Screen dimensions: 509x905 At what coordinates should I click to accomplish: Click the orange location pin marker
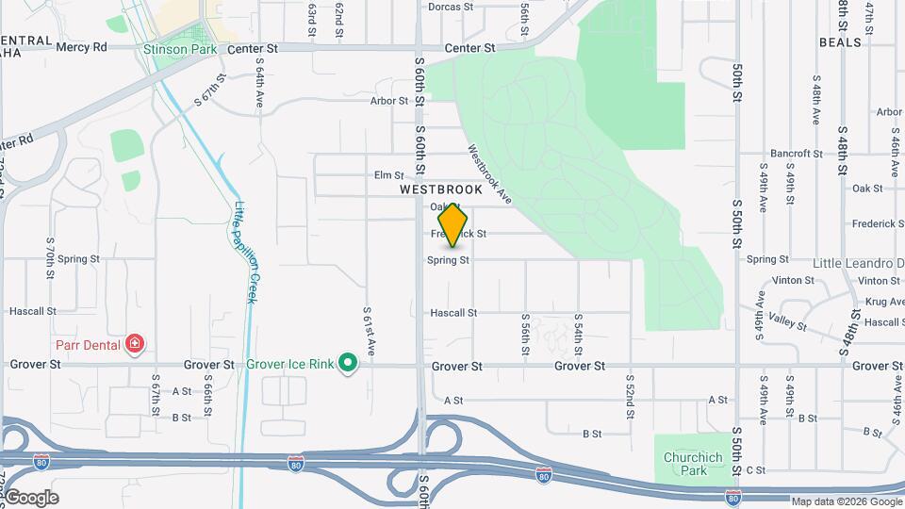tap(453, 225)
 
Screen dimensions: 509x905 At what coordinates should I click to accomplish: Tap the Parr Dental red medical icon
tap(135, 344)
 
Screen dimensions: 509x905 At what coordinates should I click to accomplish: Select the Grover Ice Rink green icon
tap(348, 363)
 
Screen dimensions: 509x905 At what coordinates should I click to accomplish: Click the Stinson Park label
tap(180, 48)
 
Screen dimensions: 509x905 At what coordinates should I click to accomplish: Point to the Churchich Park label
tap(692, 464)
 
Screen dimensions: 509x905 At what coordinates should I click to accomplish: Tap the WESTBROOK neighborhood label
tap(440, 189)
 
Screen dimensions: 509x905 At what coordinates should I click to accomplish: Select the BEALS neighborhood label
tap(841, 42)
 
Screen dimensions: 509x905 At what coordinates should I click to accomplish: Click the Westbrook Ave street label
tap(488, 174)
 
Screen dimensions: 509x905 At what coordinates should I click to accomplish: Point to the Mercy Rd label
tap(82, 46)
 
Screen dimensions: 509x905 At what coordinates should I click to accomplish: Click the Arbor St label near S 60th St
tap(387, 101)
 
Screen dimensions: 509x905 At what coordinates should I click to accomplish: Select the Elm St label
tap(388, 175)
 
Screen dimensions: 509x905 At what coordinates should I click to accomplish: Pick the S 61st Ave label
tap(370, 331)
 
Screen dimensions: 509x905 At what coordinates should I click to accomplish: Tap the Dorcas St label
tap(450, 7)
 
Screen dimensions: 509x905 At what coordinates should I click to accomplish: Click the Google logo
tap(30, 498)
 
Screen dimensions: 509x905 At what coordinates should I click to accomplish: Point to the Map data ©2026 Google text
tap(846, 501)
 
